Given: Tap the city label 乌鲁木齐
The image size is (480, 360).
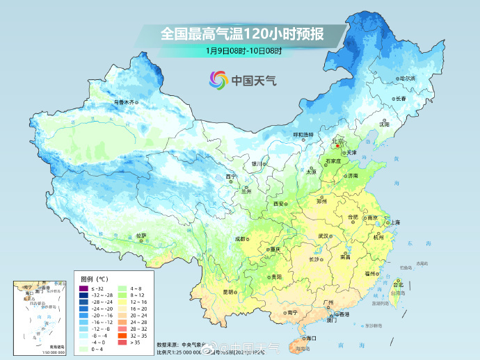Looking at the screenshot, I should click(x=124, y=102).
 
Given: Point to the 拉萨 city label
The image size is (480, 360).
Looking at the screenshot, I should click(x=141, y=236).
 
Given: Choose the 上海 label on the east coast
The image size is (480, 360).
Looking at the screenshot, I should click(x=394, y=222).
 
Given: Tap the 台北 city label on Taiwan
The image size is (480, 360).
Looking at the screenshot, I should click(x=398, y=285).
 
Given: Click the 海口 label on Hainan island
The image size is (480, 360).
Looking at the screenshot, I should click(x=310, y=338).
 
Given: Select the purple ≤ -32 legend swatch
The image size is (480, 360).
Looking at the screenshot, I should click(x=83, y=288).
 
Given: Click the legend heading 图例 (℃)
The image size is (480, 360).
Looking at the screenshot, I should click(x=93, y=278).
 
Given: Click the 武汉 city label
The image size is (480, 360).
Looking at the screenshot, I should click(x=323, y=236).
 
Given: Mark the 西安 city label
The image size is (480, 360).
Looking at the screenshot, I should click(x=279, y=204).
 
